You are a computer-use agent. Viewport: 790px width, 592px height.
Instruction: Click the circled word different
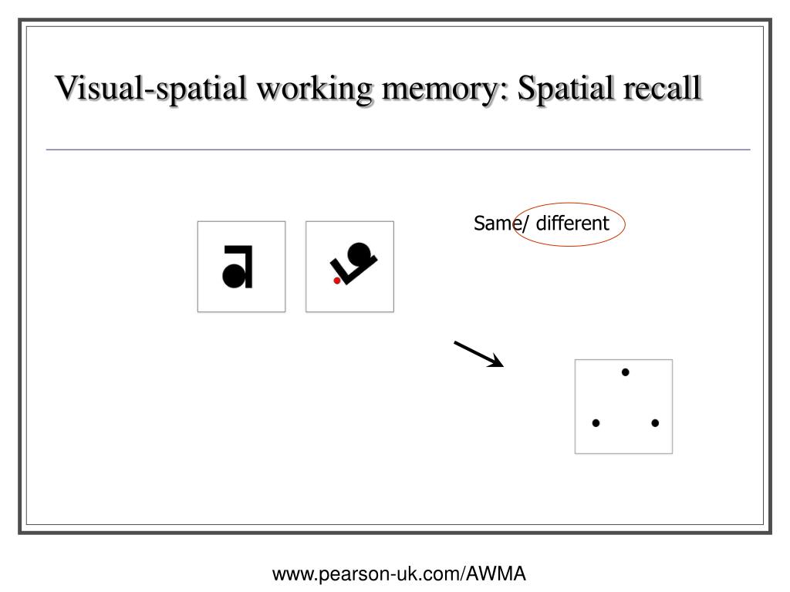click(573, 224)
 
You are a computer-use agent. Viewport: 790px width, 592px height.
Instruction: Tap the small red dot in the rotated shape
click(336, 281)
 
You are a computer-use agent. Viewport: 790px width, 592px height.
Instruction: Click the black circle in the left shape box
click(232, 274)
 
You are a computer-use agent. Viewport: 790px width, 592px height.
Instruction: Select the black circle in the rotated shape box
click(359, 253)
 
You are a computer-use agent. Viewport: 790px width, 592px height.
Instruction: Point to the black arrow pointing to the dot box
click(478, 354)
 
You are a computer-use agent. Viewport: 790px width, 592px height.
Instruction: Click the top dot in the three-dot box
click(625, 372)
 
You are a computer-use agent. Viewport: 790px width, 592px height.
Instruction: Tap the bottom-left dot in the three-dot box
click(596, 423)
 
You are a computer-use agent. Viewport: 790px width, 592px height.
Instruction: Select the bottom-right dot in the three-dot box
click(654, 423)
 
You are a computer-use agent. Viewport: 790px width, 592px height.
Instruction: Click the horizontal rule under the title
click(398, 150)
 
